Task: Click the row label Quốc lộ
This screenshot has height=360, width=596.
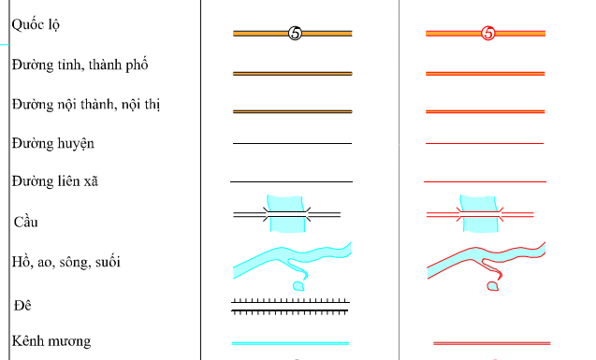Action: point(36,25)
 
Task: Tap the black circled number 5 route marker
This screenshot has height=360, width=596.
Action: point(295,34)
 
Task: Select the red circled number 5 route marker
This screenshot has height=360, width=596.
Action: point(488,34)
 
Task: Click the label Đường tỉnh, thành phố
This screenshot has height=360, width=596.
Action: point(80,65)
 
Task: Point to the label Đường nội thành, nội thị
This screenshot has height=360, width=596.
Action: point(86,105)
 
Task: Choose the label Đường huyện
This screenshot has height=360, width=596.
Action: point(52,144)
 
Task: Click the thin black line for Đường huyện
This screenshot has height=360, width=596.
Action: point(292,144)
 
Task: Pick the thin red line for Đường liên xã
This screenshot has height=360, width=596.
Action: point(485,182)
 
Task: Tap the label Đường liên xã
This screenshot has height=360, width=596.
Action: point(54,181)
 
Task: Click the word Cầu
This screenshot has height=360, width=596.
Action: point(26,222)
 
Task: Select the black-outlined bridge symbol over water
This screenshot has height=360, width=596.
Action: point(287,214)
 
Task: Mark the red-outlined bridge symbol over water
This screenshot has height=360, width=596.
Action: point(480,214)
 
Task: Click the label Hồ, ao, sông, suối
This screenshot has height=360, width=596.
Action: point(65,262)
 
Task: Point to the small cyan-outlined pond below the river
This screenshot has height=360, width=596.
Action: point(298,286)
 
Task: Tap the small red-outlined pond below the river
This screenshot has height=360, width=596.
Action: point(492,286)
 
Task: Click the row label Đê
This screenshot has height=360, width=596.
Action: point(22,305)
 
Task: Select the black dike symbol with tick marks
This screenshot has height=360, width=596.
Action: point(290,307)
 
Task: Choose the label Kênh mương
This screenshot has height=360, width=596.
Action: point(51,341)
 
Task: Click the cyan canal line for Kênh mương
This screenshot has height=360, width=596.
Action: point(290,343)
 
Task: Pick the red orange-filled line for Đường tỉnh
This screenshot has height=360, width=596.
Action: point(486,74)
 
